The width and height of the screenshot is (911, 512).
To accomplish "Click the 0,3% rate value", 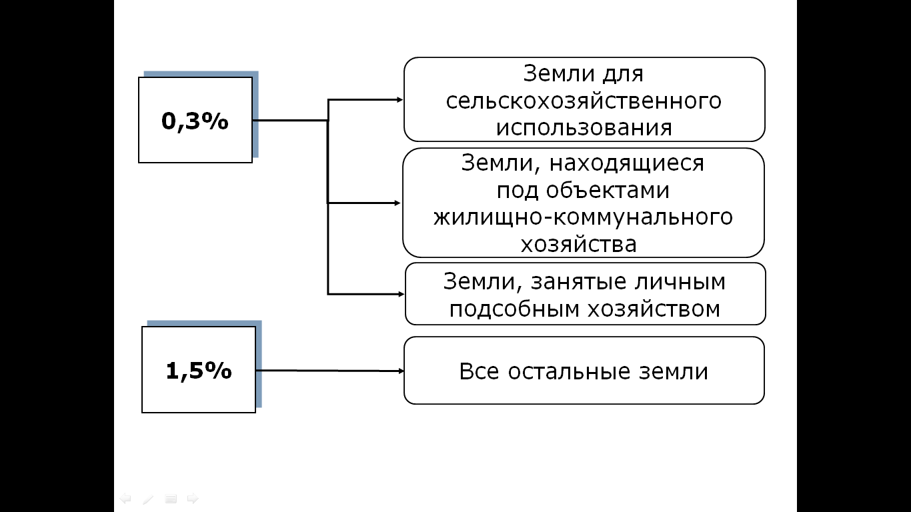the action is pos(195,121).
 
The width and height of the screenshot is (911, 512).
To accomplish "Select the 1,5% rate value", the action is pos(199,371).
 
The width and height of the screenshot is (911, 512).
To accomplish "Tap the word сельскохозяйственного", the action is pos(584,101).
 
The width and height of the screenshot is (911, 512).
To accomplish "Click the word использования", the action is pos(584,128).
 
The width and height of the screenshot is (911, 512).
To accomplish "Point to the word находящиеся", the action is pos(626,163).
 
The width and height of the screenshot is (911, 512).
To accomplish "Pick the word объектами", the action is pos(608,190).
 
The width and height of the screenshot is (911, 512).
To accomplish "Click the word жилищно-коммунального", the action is pos(583,217).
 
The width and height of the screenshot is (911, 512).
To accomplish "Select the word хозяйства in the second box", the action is pos(579,245).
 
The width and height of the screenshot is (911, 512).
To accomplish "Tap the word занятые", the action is pos(577,282).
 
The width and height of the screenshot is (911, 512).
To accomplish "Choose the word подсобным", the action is pos(514,309).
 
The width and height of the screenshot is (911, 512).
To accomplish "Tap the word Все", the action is pos(479,372).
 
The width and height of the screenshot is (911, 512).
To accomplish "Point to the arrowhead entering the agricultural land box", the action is pos(399,99).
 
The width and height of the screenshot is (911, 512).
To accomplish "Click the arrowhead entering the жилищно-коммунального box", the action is pos(397,203).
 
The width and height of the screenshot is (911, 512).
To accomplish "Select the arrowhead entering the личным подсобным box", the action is pos(401,294).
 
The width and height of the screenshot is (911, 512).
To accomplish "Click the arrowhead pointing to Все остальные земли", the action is pos(401,371).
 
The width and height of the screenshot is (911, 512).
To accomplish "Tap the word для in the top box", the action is pos(623,75).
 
